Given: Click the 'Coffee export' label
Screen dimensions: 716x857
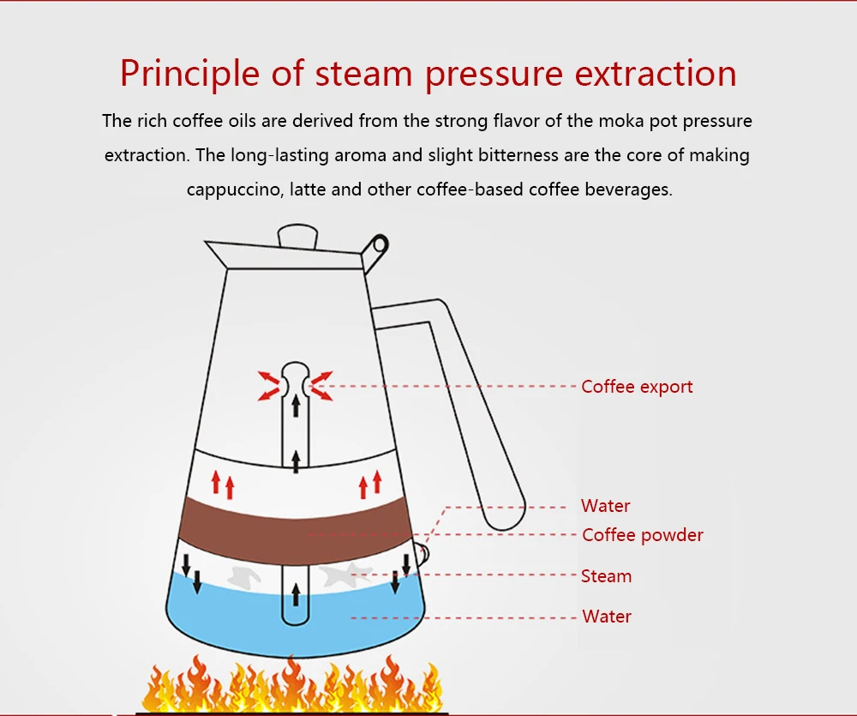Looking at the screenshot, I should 636,387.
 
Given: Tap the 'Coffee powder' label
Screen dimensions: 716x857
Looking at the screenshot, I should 642,535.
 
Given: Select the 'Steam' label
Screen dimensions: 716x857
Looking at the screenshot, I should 606,576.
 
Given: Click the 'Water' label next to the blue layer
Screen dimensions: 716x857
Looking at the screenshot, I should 607,617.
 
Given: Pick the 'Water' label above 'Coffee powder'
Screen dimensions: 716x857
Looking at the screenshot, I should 605,506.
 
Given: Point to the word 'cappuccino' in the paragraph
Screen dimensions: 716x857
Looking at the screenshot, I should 231,190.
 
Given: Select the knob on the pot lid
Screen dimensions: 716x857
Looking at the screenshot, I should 297,236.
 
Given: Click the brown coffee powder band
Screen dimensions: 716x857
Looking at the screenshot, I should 296,523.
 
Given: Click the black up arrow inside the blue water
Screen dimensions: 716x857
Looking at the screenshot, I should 297,593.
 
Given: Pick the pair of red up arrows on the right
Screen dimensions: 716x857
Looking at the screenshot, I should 369,485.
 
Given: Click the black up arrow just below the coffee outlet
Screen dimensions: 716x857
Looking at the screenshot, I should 296,406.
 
